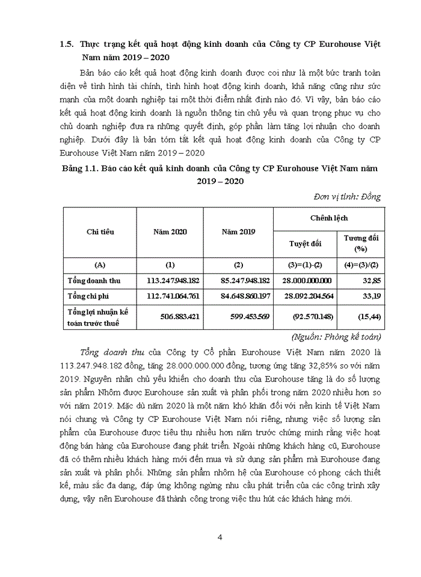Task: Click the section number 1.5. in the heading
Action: point(66,44)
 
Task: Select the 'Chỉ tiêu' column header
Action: point(100,232)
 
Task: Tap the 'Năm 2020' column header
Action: point(170,232)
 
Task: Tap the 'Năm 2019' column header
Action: point(239,232)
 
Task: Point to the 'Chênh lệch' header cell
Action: point(329,218)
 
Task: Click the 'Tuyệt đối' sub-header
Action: point(305,243)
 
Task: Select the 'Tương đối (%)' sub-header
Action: point(361,243)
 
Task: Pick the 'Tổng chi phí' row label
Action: point(88,296)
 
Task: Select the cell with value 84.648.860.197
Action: point(239,296)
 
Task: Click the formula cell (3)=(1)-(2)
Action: point(305,264)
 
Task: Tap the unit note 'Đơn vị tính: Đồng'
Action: point(347,197)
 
